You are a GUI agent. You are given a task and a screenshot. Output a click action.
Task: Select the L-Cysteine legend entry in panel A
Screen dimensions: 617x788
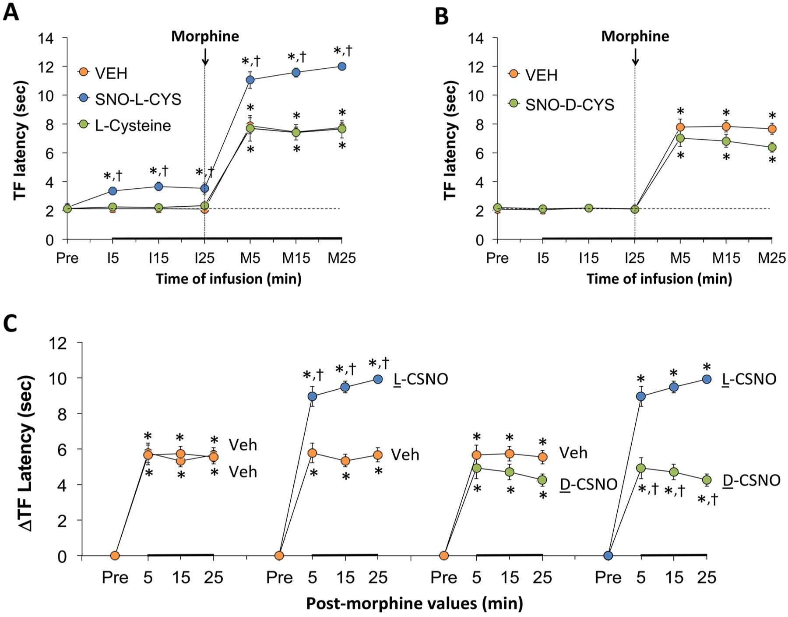pos(133,126)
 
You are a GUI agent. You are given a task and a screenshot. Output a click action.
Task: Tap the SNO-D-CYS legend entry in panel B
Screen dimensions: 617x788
pos(569,105)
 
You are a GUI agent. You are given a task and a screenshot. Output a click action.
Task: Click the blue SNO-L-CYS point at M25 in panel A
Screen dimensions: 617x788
pos(342,66)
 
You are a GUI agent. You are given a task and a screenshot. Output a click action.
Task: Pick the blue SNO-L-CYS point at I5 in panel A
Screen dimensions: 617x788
pos(113,191)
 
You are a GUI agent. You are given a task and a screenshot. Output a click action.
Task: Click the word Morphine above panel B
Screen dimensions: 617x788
pos(635,36)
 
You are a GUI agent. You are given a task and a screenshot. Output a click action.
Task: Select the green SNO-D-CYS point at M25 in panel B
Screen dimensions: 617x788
pos(772,147)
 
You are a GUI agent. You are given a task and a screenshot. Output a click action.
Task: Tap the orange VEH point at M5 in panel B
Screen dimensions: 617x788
pos(680,127)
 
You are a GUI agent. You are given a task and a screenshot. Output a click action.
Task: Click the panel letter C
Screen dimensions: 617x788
pos(11,323)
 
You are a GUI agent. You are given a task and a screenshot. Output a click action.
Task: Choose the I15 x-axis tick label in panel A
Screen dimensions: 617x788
pos(158,258)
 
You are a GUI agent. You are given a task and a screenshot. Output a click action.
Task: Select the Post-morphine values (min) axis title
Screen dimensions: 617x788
pos(414,603)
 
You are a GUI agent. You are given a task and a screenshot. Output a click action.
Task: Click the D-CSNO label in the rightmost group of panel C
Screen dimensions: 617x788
pos(751,480)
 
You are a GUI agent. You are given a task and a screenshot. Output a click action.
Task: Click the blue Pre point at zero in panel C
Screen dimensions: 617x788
pos(608,556)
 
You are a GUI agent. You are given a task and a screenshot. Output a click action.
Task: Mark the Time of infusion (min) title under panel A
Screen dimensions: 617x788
pos(229,279)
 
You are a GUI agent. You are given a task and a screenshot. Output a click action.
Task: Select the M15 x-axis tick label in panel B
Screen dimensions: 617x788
pos(726,258)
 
